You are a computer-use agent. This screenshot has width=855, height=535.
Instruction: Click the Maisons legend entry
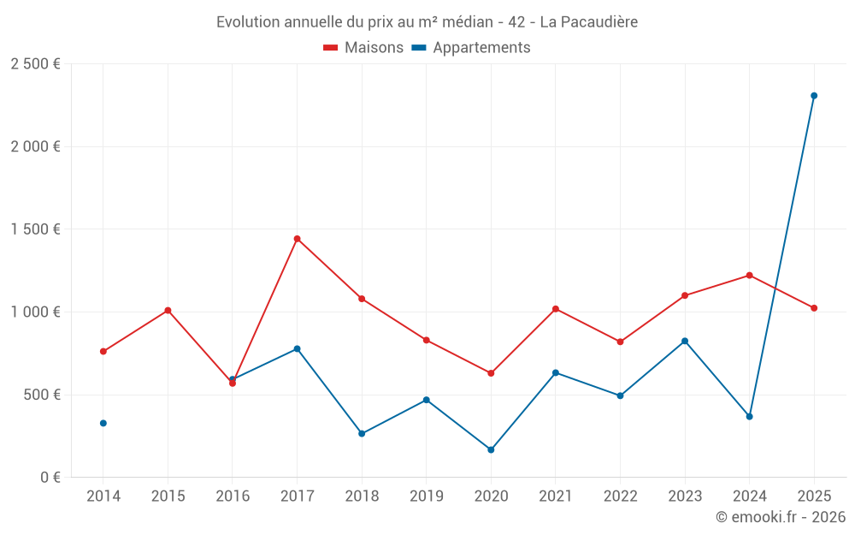tap(363, 48)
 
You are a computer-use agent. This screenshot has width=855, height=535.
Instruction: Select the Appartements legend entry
tap(471, 48)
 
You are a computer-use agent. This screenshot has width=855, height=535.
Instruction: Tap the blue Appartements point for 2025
tap(814, 96)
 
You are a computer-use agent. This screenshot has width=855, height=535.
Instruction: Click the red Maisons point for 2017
tap(297, 239)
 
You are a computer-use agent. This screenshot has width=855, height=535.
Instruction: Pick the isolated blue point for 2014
tap(103, 423)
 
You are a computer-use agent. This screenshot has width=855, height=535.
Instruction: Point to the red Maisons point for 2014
tap(103, 351)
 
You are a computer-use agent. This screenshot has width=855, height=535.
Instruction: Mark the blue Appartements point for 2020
tap(491, 449)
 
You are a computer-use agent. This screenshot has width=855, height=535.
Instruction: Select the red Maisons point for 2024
tap(749, 275)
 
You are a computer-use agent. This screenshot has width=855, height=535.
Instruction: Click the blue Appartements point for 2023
tap(685, 341)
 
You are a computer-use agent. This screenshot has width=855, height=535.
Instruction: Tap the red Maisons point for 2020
tap(491, 373)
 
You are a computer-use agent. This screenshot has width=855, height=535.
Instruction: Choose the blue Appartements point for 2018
tap(362, 433)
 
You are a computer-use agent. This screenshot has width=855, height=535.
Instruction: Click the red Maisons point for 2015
tap(168, 310)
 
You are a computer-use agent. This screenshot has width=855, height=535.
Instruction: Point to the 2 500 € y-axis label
tap(35, 64)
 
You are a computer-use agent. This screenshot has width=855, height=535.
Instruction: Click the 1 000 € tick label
tap(35, 312)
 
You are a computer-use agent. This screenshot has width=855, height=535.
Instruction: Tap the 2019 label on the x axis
tap(426, 496)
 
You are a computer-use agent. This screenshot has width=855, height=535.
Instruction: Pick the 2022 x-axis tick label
tap(620, 496)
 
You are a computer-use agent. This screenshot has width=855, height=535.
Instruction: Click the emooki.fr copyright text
tap(780, 517)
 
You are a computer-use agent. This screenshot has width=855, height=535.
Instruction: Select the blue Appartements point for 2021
tap(556, 372)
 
